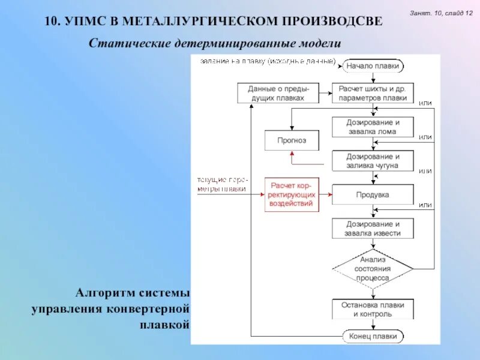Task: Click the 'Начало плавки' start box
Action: pos(373,66)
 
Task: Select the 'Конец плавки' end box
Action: pos(373,336)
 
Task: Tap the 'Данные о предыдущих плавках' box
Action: pos(275,93)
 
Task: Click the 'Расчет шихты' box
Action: pos(373,93)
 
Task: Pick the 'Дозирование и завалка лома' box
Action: pos(373,127)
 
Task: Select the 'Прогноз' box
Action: pos(292,140)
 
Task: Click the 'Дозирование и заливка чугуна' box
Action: pos(373,161)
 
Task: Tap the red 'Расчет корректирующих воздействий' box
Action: pos(292,195)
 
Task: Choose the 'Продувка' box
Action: pos(373,195)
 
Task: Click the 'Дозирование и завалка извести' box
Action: pos(373,229)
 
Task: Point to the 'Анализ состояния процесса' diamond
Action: pos(373,269)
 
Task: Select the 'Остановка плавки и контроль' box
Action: pos(373,309)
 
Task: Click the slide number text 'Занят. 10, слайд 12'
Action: pos(441,13)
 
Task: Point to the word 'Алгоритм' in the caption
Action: pos(101,293)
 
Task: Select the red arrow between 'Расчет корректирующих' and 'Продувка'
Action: pos(326,195)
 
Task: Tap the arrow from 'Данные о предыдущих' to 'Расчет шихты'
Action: pos(325,93)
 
